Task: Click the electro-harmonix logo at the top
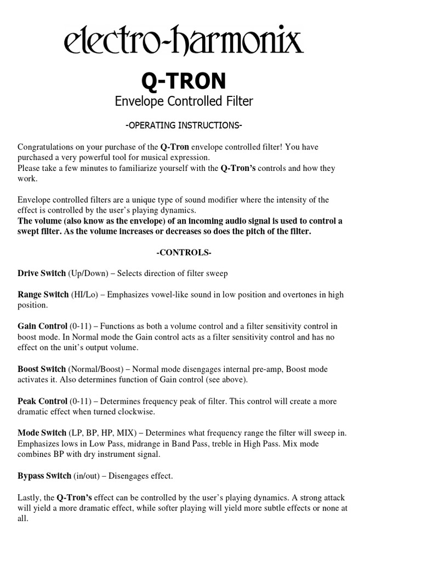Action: click(x=183, y=43)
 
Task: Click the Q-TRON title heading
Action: click(x=183, y=81)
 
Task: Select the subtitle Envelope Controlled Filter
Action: click(x=183, y=101)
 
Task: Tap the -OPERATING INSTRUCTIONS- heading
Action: click(x=184, y=125)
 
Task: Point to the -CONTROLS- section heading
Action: click(x=184, y=253)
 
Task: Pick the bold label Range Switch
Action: click(x=43, y=294)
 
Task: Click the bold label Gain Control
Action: click(x=43, y=326)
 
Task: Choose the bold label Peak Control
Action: click(x=42, y=401)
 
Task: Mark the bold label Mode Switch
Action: click(x=42, y=433)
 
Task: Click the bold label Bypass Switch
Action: click(x=44, y=476)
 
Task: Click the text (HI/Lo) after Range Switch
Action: click(x=84, y=294)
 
